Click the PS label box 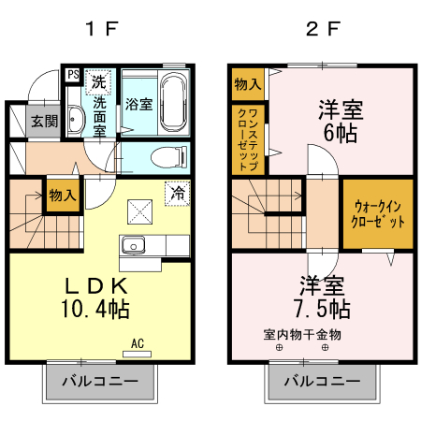coord(72,73)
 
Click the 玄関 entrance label coord(42,121)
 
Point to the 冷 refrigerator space coord(175,193)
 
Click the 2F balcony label coord(321,382)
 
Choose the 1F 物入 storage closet coord(63,196)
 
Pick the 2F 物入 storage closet coord(247,84)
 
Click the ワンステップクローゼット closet coord(248,139)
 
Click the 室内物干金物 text coord(302,334)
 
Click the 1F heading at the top coord(102,28)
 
